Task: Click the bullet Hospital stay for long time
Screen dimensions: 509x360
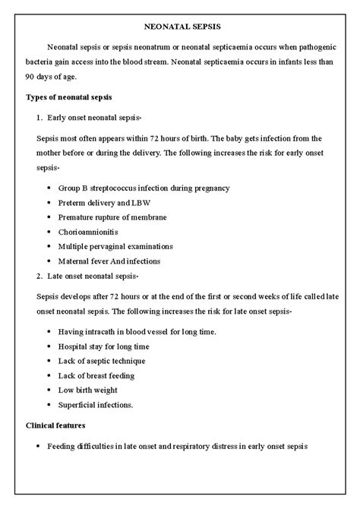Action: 104,346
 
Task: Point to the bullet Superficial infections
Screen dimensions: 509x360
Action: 95,405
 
